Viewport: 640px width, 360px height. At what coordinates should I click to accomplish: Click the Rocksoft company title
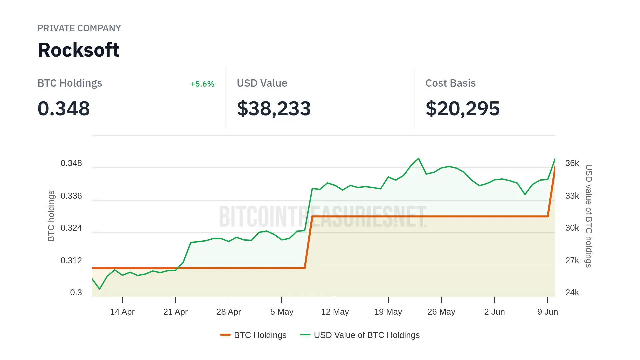pos(78,50)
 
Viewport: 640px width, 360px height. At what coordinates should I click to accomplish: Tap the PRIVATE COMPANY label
pos(79,28)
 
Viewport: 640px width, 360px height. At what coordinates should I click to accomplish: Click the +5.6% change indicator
pos(202,84)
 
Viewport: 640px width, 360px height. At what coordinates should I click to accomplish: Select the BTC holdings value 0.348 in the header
pos(64,109)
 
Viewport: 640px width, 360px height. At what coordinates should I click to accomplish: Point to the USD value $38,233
pos(274,109)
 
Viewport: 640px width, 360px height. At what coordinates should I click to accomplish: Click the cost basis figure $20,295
pos(462,109)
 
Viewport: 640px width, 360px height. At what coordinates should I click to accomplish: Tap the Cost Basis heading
pos(450,83)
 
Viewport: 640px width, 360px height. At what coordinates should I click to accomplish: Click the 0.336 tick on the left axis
pos(71,196)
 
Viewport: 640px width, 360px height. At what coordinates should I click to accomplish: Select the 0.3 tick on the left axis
pos(76,293)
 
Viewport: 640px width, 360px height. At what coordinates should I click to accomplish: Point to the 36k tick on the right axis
pos(572,163)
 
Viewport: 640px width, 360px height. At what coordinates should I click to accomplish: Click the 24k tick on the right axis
pos(572,293)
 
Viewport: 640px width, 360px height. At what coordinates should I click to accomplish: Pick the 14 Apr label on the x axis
pos(122,312)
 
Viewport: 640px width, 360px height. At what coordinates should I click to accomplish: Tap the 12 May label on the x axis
pos(335,312)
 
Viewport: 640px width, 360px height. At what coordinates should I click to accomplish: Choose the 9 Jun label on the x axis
pos(547,312)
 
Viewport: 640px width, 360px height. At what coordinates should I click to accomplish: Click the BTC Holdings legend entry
pos(253,335)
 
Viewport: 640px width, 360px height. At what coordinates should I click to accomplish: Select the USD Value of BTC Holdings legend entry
pos(360,335)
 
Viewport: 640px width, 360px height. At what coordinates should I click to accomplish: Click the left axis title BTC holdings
pos(51,216)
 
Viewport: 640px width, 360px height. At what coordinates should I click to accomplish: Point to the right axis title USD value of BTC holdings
pos(589,216)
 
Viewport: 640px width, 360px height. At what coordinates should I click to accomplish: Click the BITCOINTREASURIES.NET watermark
pos(322,217)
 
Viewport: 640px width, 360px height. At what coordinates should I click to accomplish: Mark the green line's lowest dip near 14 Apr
pos(100,289)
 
